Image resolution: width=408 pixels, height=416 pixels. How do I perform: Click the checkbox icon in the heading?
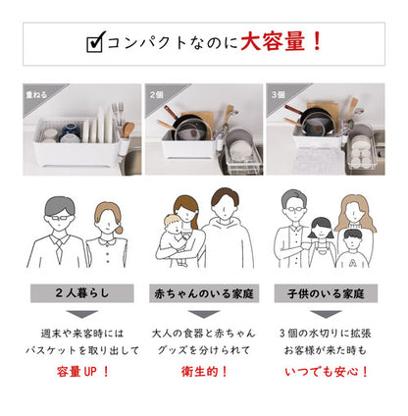(95, 43)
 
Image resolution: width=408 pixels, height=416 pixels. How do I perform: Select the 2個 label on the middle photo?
(157, 95)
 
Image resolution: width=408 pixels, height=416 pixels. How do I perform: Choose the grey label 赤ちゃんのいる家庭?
(203, 292)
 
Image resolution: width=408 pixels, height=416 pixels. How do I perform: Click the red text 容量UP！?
(81, 371)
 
